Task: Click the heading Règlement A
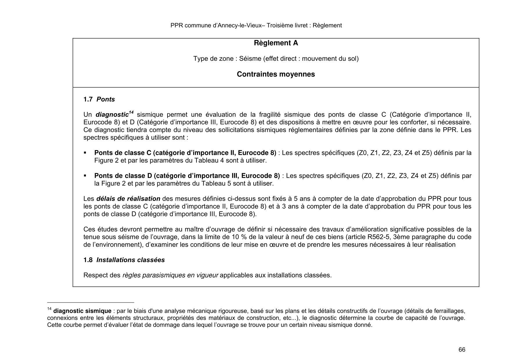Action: point(276,43)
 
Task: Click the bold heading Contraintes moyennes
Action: point(276,74)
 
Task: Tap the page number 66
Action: point(462,350)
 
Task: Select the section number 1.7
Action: point(88,99)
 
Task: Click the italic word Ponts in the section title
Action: point(106,99)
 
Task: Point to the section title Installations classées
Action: point(130,260)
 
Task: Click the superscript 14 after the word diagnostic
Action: point(131,112)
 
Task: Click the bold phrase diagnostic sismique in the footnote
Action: point(82,311)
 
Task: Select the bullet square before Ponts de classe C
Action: point(85,153)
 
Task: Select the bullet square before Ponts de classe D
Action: point(85,176)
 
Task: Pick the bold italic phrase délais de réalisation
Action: point(128,199)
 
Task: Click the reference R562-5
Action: point(379,237)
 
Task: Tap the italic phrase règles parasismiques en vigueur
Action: point(170,275)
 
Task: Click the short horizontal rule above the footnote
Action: point(91,302)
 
